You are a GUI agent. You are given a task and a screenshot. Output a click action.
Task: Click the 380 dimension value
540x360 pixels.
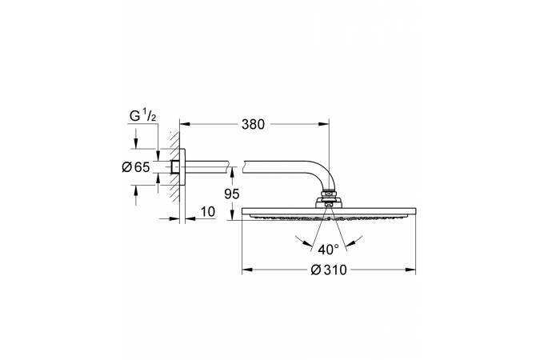point(253,124)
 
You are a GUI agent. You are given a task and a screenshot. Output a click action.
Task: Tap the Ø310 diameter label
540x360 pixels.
point(329,270)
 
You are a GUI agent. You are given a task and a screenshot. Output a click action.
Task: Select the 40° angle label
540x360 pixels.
point(328,249)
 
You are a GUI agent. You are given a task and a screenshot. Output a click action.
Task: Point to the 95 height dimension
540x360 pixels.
point(231,194)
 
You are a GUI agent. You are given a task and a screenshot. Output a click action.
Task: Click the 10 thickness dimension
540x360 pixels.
point(208,211)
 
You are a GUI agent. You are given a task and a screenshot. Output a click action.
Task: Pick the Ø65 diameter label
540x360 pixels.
point(136,167)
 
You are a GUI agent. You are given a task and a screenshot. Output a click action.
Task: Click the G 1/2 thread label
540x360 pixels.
point(142,116)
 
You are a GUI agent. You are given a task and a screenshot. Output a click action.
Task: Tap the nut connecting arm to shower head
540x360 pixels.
point(329,195)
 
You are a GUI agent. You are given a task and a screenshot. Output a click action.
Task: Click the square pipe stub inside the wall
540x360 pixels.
point(175,167)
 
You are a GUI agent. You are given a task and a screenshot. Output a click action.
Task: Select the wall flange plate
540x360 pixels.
point(182,167)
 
